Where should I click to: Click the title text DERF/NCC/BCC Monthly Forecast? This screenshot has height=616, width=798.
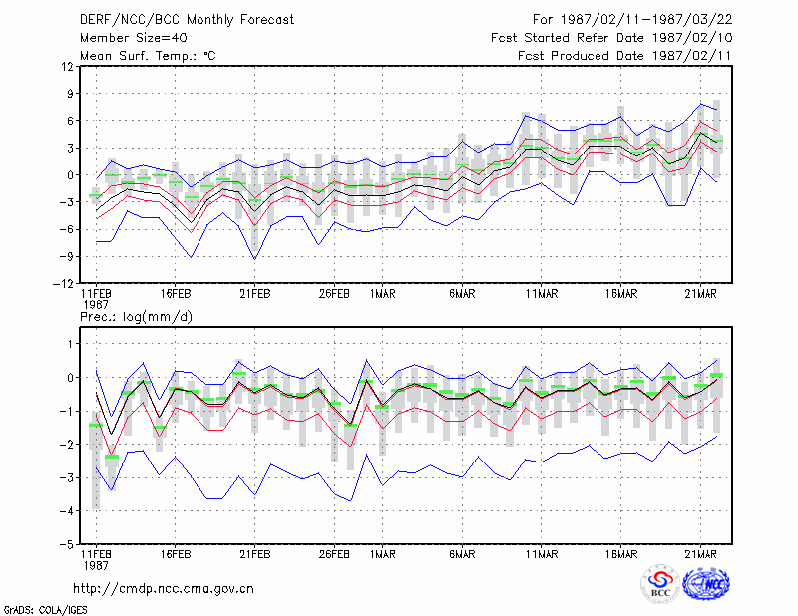click(x=187, y=20)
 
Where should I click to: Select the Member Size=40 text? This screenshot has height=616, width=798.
click(x=134, y=38)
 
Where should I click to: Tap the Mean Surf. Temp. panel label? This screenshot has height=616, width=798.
click(x=148, y=56)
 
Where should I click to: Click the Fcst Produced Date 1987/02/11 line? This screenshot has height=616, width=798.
click(x=624, y=56)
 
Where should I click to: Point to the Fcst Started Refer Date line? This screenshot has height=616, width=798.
click(x=611, y=38)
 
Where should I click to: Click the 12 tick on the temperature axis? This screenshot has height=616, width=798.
click(x=68, y=66)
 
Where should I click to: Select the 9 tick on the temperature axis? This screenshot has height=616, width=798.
click(x=70, y=93)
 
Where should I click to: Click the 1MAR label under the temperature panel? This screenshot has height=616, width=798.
click(x=382, y=294)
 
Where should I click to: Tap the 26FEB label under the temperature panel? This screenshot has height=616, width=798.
click(x=334, y=294)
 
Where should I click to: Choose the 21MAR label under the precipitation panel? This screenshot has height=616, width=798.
click(x=700, y=554)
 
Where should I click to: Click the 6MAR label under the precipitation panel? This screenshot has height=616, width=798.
click(x=462, y=554)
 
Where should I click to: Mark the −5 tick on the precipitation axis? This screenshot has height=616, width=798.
click(x=66, y=544)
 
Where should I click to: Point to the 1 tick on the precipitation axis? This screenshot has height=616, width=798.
click(x=71, y=344)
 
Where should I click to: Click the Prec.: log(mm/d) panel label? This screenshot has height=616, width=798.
click(x=136, y=317)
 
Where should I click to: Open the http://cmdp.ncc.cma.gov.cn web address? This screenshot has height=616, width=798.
click(x=164, y=589)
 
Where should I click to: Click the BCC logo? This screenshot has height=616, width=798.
click(x=660, y=583)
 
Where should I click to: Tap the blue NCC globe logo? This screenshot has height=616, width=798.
click(x=706, y=583)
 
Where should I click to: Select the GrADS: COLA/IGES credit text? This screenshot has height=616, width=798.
click(x=45, y=610)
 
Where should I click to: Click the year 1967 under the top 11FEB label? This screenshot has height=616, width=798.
click(x=95, y=305)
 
